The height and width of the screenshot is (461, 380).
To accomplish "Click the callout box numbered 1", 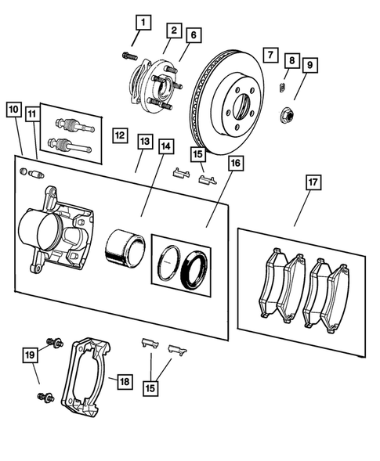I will click(x=142, y=22).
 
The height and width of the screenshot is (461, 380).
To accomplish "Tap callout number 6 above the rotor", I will click(x=193, y=35).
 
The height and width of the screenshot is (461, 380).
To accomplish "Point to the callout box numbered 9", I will click(x=309, y=64).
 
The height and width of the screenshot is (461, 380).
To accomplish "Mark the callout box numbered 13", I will click(x=145, y=141).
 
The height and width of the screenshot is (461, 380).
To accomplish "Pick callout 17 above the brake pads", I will click(x=312, y=182).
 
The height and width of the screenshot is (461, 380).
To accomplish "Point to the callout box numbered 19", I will click(x=29, y=355).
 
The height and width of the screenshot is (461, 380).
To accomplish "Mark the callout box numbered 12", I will click(x=118, y=135).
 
